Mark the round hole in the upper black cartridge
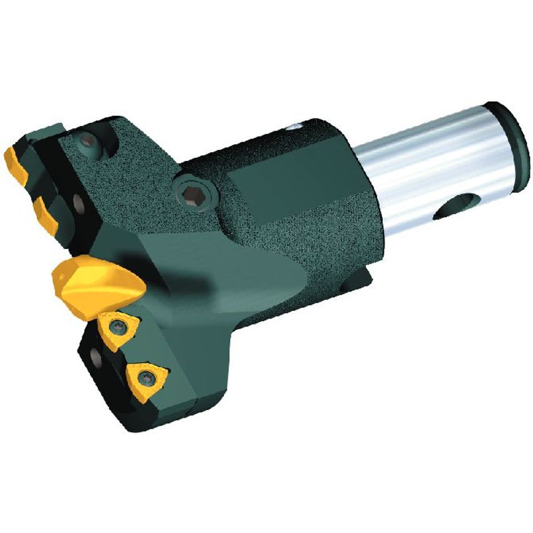(79, 202)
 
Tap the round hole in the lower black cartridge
(95, 358)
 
